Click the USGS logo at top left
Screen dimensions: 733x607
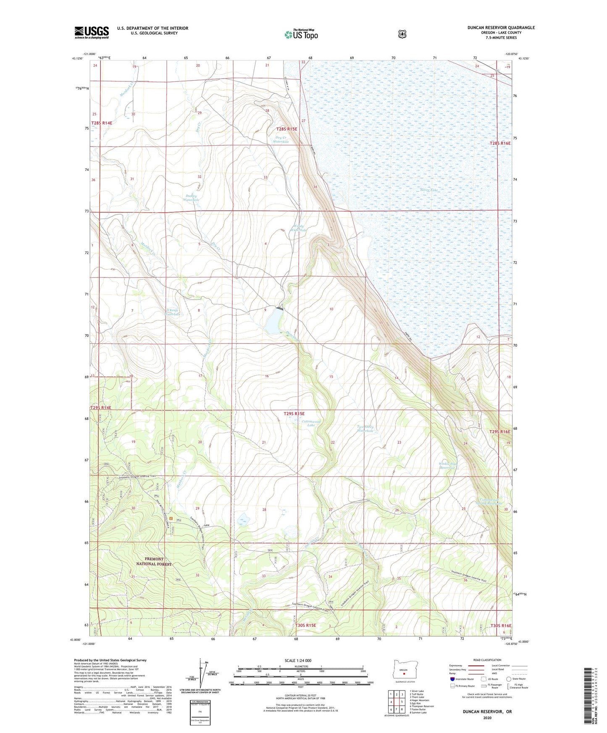(92, 32)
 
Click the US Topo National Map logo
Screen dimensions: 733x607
(301, 34)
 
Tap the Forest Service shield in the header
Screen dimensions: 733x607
(402, 34)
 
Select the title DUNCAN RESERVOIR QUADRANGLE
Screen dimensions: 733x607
(501, 28)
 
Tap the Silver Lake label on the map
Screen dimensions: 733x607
(429, 190)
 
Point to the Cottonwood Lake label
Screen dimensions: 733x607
(311, 423)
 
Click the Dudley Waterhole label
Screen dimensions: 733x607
(191, 198)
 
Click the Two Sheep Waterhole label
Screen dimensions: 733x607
(365, 429)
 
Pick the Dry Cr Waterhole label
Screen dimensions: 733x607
(281, 139)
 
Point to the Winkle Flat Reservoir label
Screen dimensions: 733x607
(447, 466)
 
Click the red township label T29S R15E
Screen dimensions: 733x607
(294, 414)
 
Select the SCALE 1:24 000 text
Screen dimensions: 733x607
(298, 660)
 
